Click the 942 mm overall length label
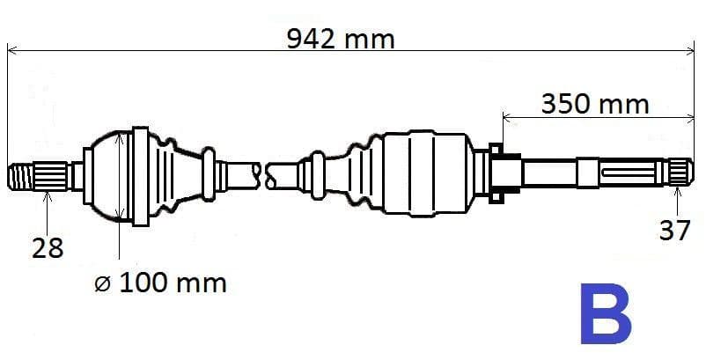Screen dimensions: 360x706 point(341,39)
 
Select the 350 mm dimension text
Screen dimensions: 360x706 point(594,104)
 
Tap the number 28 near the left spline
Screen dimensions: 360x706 point(48,248)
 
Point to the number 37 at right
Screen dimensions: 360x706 point(675,231)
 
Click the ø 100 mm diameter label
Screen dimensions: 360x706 point(159,283)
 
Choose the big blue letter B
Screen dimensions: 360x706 point(605,314)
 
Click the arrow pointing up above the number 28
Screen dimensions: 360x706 point(48,195)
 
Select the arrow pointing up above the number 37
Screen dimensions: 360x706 point(677,191)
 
